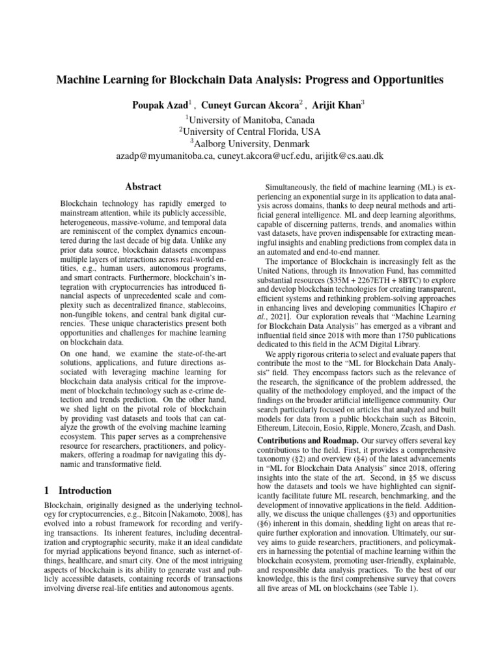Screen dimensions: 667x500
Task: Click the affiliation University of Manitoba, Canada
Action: click(x=251, y=120)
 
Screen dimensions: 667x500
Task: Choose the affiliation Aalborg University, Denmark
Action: click(x=251, y=143)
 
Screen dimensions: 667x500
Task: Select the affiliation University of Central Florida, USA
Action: click(x=251, y=132)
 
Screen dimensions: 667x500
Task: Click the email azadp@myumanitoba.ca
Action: click(x=165, y=156)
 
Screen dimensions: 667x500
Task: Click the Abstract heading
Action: click(x=143, y=186)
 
